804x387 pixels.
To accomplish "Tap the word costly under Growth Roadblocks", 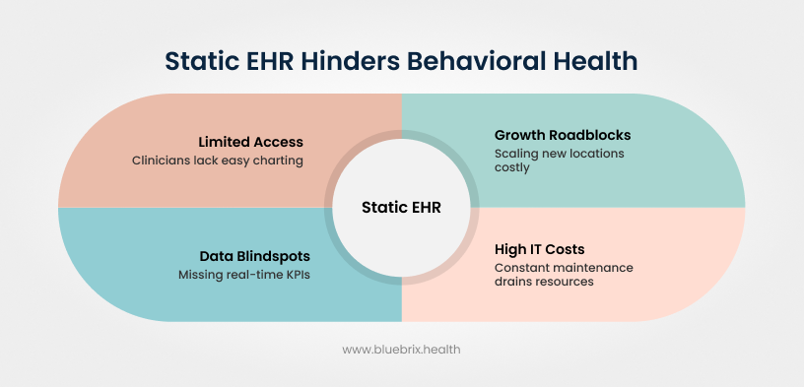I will click(512, 167).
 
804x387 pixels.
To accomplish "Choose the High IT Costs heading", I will click(540, 250).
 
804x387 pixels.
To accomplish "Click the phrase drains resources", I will click(544, 282).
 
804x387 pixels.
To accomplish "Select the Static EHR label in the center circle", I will click(401, 208).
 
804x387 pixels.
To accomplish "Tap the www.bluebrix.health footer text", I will click(401, 349).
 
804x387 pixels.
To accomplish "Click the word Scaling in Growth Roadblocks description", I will click(516, 154).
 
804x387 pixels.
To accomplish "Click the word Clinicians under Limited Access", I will click(161, 160).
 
